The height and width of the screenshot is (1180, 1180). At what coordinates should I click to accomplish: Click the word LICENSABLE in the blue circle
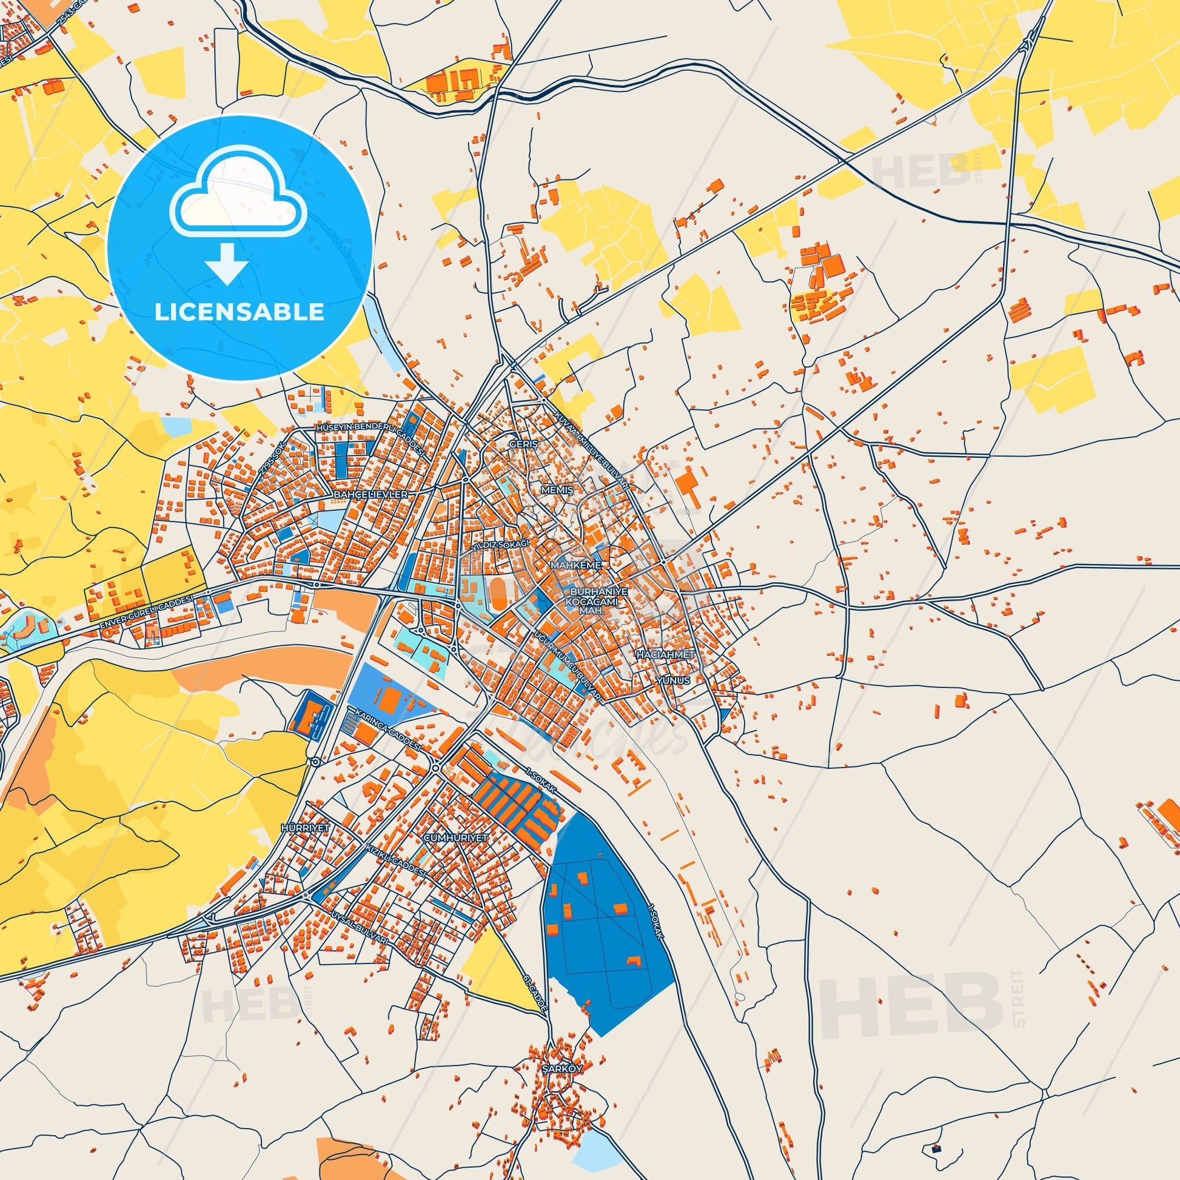click(x=239, y=312)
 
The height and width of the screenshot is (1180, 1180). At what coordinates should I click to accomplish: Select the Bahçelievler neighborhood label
click(x=370, y=493)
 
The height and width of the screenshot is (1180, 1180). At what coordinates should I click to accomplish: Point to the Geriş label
click(x=523, y=445)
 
